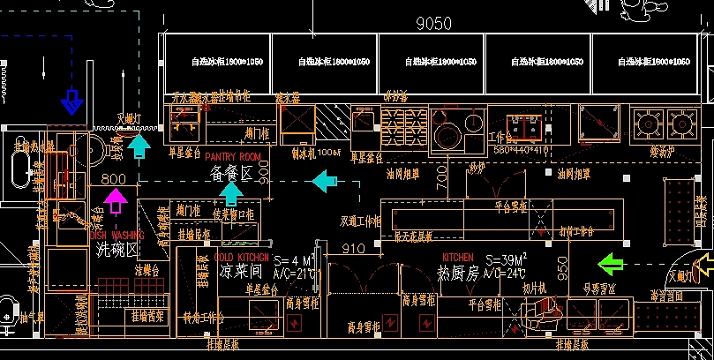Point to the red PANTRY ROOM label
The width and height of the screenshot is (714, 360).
click(x=233, y=156)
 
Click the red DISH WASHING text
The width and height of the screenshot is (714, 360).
click(x=116, y=236)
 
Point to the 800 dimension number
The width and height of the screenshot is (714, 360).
click(x=114, y=179)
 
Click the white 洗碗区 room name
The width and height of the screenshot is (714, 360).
click(x=116, y=250)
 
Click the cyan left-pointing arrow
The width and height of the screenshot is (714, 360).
click(x=325, y=183)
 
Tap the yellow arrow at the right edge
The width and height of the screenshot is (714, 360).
click(x=704, y=264)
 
